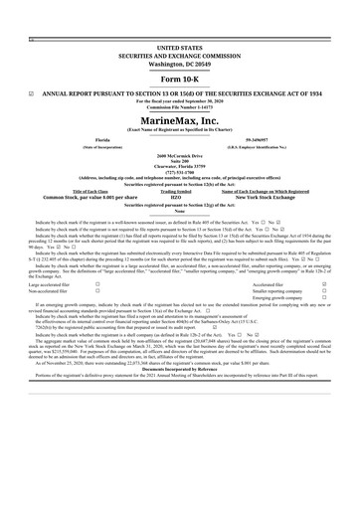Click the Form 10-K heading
[179, 78]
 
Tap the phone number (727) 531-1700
[179, 170]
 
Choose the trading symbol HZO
[179, 198]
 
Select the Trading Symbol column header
[179, 191]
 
